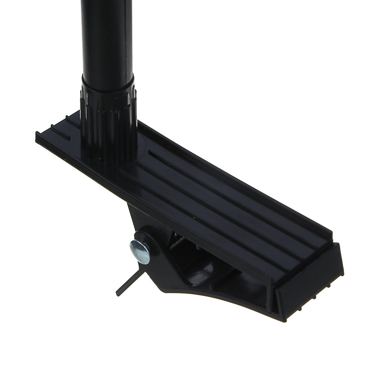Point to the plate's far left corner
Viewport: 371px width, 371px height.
tap(36, 132)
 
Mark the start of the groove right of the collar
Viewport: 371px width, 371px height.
tap(150, 152)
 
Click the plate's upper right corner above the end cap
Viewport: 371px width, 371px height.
tap(331, 234)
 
